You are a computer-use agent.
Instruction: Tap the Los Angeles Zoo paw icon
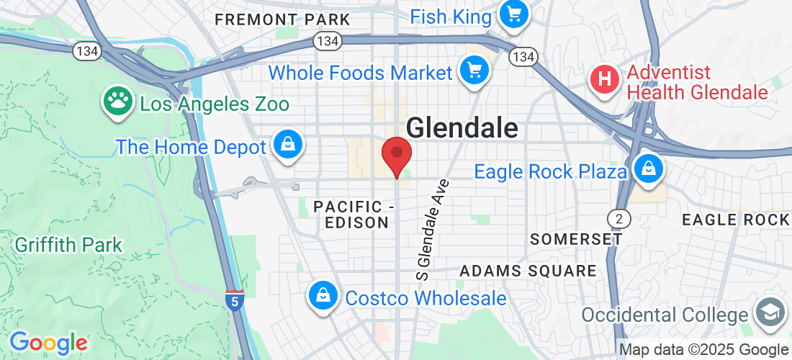point(115,102)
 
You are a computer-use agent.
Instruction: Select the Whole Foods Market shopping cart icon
point(474,71)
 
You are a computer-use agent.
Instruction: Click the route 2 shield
point(616,217)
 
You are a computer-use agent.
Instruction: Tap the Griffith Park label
point(68,245)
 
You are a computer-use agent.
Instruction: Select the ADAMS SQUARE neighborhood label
point(528,271)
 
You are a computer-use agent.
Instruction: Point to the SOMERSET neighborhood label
point(575,239)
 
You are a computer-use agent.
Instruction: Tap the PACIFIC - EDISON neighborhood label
point(356,215)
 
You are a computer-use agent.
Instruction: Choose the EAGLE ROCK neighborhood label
point(734,219)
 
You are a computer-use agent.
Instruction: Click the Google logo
point(48,343)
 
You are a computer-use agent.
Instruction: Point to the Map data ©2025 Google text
point(703,350)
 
